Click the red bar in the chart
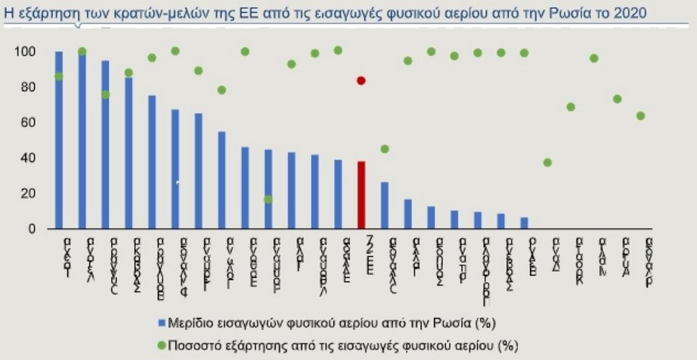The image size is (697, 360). coord(361,195)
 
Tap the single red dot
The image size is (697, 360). coord(361,81)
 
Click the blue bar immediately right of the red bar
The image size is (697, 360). coord(384,205)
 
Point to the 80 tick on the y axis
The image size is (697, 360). coord(28,87)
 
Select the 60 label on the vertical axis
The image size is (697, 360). coord(28,123)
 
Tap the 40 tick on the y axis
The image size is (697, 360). coord(28,158)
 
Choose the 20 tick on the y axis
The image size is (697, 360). coord(28,194)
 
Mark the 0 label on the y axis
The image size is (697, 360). coord(31,229)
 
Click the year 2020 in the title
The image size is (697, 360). coord(630,13)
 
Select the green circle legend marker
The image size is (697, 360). coord(160,343)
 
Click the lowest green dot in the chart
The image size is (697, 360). coord(268,200)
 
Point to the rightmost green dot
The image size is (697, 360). coord(640,116)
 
